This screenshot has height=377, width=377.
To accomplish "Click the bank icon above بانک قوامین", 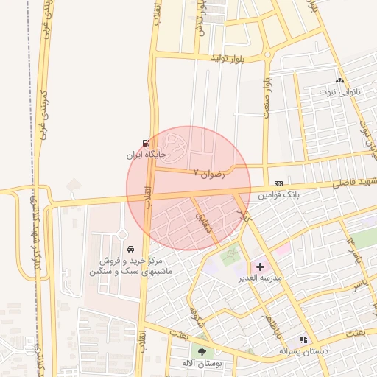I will pos(278,183).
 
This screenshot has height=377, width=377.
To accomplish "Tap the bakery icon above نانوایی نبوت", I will pos(339,80).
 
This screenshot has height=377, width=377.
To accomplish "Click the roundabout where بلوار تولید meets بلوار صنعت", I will pos(267,54).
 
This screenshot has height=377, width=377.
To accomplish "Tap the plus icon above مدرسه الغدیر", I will pos(261,265).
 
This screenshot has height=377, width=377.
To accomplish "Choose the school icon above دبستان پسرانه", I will pos(303,339).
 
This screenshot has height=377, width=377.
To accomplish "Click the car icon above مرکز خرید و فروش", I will pos(130,250).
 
